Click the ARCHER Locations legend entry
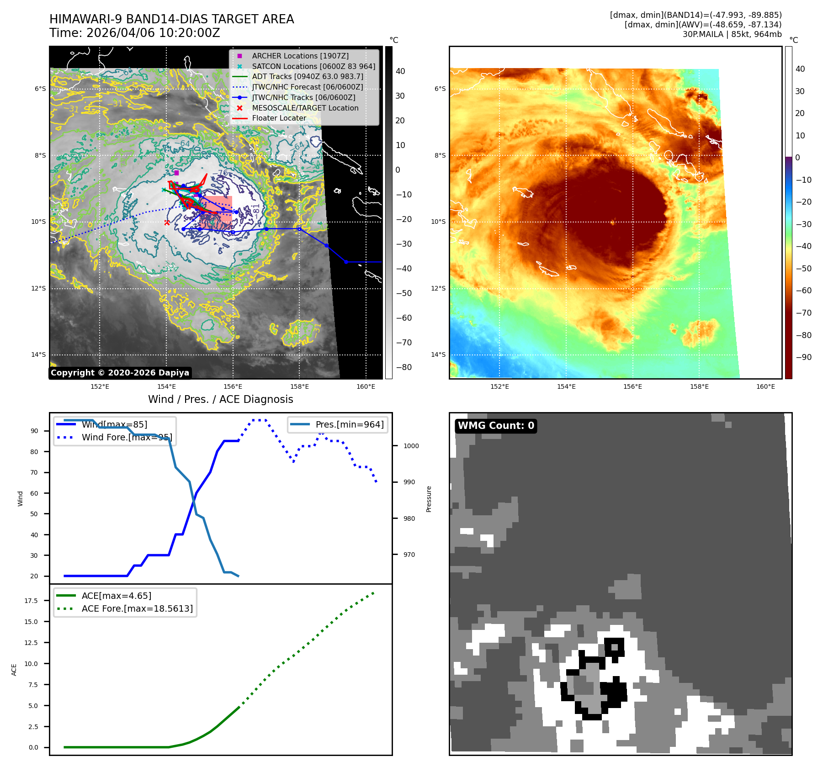pyautogui.click(x=300, y=56)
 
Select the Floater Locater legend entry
pyautogui.click(x=279, y=118)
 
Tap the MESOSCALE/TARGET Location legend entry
pyautogui.click(x=305, y=108)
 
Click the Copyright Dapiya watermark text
pyautogui.click(x=120, y=373)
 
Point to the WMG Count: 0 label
pyautogui.click(x=496, y=426)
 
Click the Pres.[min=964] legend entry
pyautogui.click(x=349, y=424)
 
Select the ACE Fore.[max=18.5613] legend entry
pyautogui.click(x=137, y=608)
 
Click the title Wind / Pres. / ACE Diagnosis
pyautogui.click(x=220, y=399)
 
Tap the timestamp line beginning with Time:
pyautogui.click(x=135, y=33)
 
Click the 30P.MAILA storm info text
pyautogui.click(x=732, y=34)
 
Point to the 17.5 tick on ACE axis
pyautogui.click(x=31, y=601)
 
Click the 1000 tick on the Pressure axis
pyautogui.click(x=411, y=446)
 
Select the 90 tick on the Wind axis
pyautogui.click(x=34, y=431)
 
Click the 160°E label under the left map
pyautogui.click(x=366, y=386)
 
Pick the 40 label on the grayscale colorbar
pyautogui.click(x=400, y=71)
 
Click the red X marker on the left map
pyautogui.click(x=167, y=222)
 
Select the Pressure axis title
pyautogui.click(x=429, y=499)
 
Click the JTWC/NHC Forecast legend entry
pyautogui.click(x=307, y=87)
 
